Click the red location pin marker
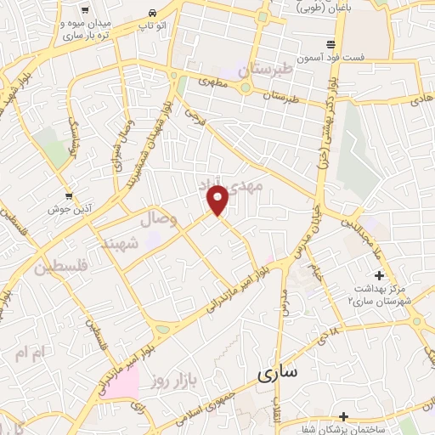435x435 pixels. pos(218,201)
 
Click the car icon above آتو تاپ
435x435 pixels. pos(151,14)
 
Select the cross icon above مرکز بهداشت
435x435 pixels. pos(379,275)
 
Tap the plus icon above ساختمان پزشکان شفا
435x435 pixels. pos(342,416)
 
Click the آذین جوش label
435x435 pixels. pos(65,207)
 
